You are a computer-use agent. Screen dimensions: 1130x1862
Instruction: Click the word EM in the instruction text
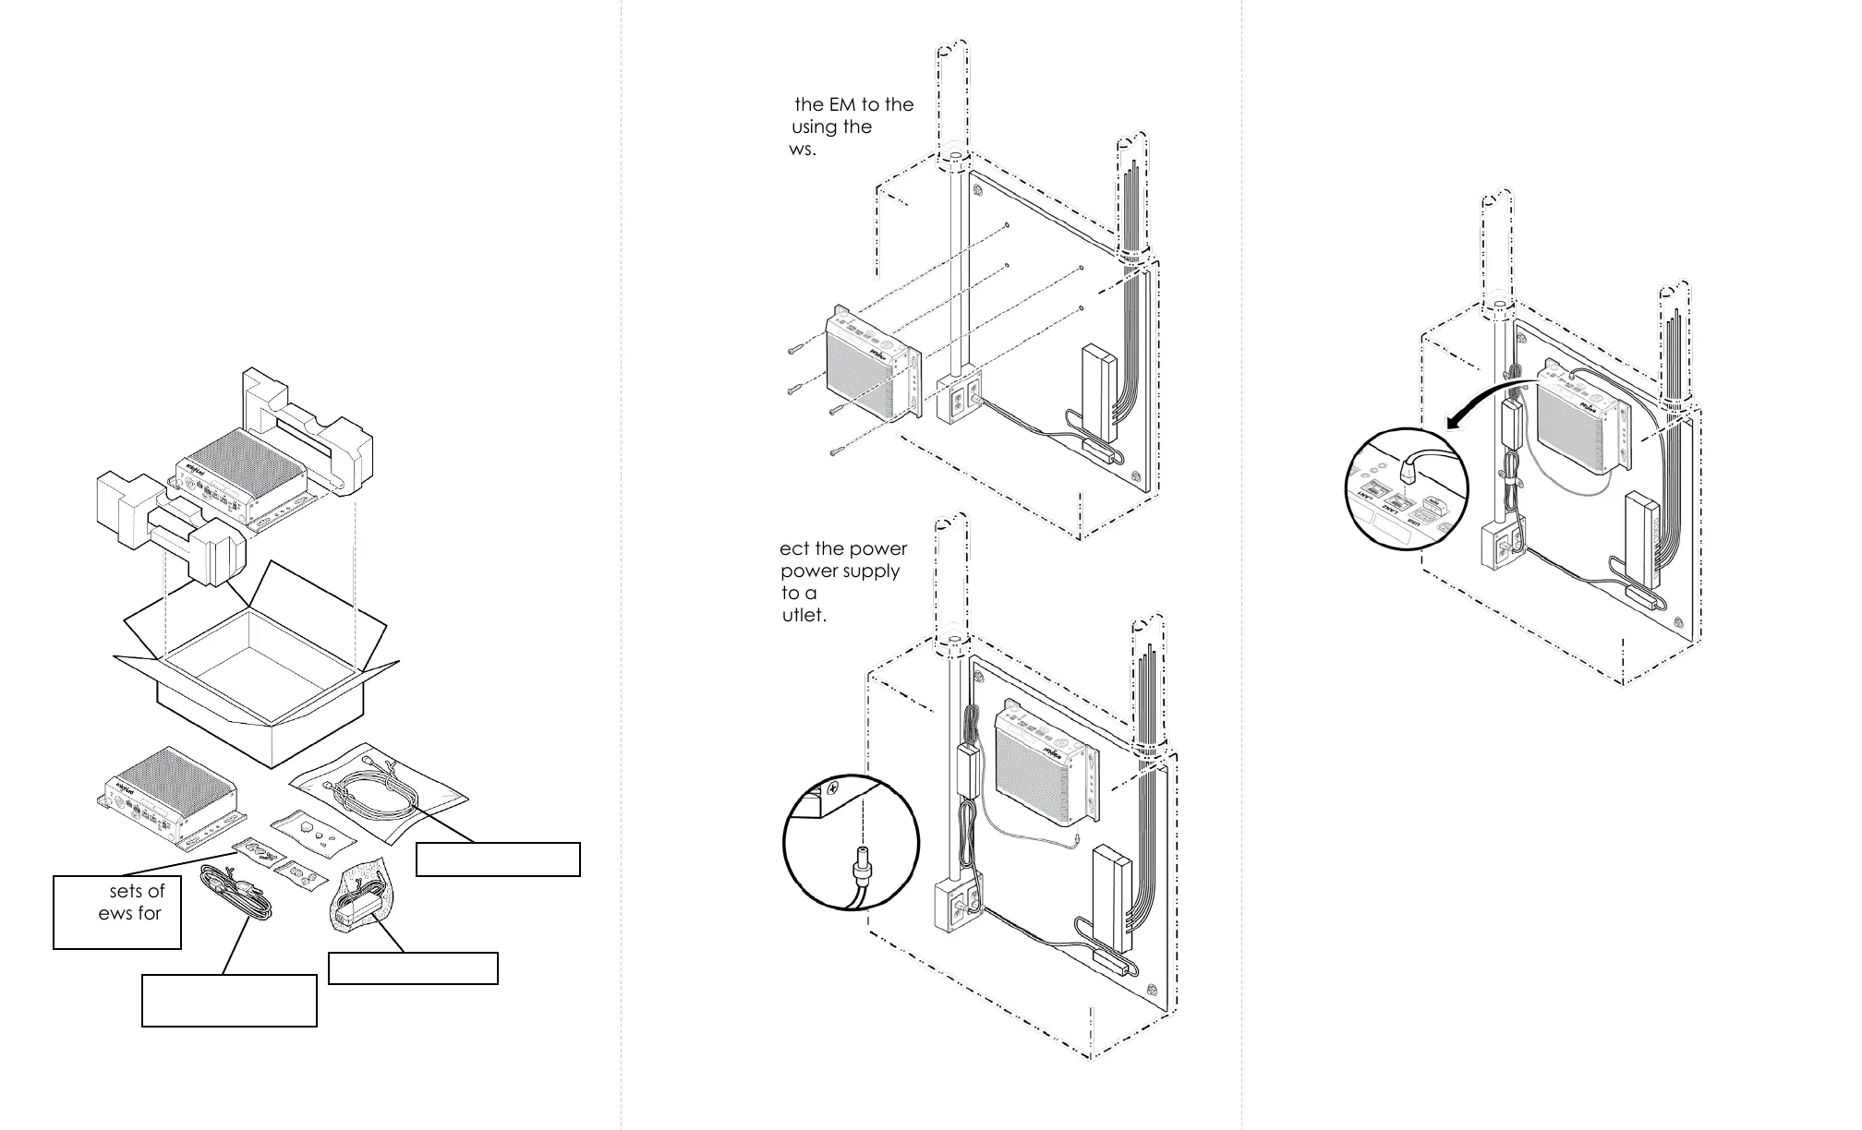[842, 104]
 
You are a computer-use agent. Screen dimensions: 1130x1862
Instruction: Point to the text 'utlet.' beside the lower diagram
[804, 615]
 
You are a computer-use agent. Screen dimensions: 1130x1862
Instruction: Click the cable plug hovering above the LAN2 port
[1408, 472]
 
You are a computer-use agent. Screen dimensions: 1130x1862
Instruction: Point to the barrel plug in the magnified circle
[860, 865]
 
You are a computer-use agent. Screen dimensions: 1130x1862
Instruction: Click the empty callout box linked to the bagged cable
[498, 859]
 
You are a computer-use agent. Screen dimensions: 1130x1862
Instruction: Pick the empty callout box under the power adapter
[413, 968]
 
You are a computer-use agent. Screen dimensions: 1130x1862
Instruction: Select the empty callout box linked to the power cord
[229, 1000]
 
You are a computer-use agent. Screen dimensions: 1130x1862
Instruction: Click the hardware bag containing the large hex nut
[314, 828]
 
